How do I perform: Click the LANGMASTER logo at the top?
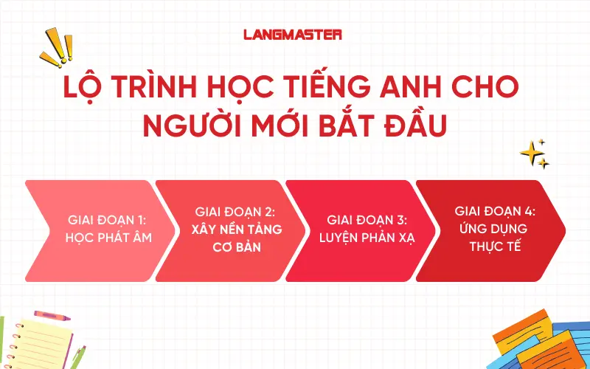coord(293,34)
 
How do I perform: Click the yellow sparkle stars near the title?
coord(534,152)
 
